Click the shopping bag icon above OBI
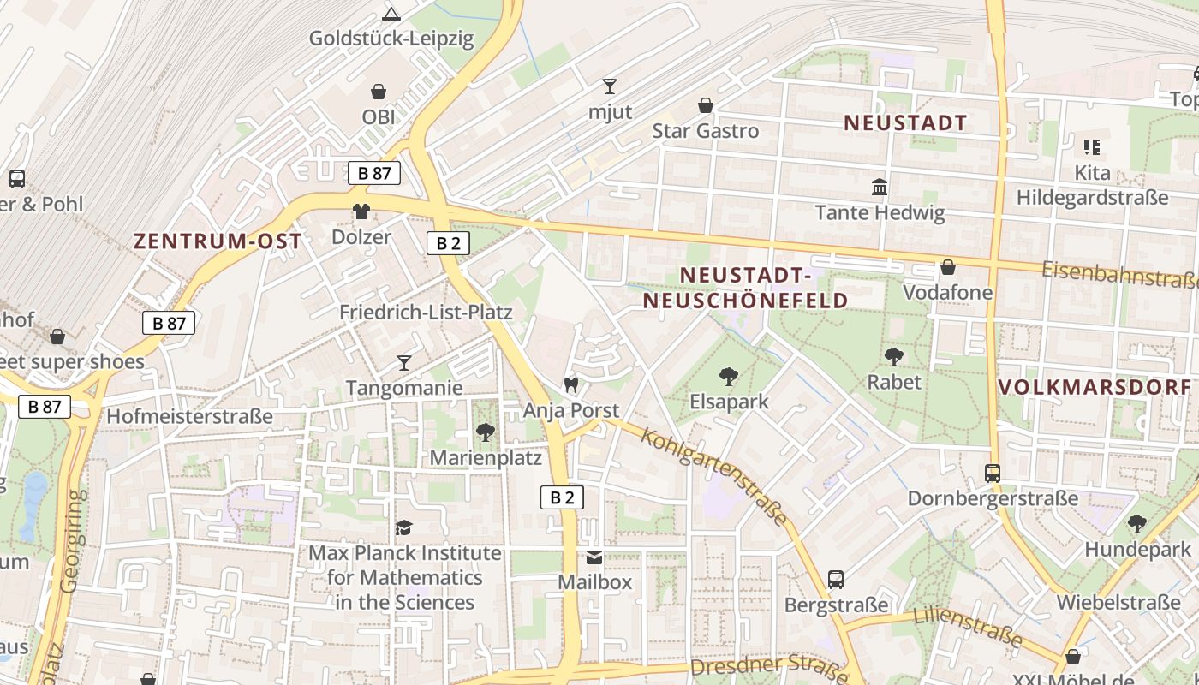378,92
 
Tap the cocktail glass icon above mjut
609,86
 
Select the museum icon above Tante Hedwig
880,187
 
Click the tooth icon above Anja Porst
571,386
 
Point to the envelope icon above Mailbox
594,557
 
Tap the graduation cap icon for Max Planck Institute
404,527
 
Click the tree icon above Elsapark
729,376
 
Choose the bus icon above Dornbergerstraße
992,473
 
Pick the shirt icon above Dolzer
361,211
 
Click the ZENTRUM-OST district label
218,241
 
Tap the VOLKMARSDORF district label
1097,386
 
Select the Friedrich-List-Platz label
426,312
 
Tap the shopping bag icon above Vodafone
948,267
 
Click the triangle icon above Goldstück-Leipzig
391,14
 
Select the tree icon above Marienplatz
486,432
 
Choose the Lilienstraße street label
968,626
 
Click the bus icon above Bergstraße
836,580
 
